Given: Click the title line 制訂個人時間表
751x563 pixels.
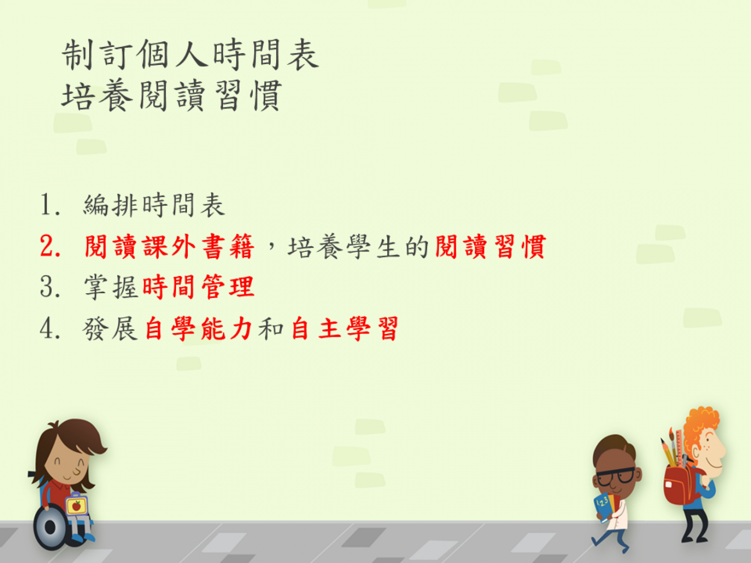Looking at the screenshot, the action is coord(190,55).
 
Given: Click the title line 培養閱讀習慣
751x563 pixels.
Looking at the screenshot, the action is coord(172,95).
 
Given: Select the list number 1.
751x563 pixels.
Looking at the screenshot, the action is coord(50,205).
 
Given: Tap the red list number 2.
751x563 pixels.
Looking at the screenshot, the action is coord(50,246).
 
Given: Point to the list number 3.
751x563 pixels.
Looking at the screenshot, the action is coord(50,287).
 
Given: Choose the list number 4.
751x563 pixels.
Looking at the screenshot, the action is coord(50,328).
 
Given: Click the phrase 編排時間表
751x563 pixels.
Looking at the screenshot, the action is coord(154,205).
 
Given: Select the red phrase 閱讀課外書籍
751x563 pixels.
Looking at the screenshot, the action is coord(169,247).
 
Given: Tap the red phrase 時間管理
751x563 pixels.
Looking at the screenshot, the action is coord(198,287).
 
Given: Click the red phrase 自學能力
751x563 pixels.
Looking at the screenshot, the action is coord(198,329).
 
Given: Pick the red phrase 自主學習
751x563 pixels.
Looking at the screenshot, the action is coord(345,329).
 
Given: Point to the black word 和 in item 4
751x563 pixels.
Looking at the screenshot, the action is coord(271,329).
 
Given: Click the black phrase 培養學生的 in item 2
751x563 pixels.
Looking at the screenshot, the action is coord(358,247).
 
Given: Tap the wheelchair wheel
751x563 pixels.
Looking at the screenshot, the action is coord(50,527).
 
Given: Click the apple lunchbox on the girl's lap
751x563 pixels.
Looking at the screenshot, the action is coord(76,505).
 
